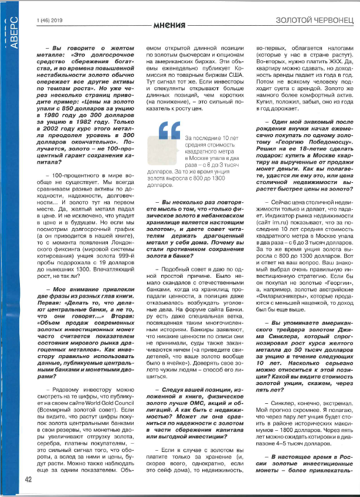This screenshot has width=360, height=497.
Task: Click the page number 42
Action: [x=28, y=479]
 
